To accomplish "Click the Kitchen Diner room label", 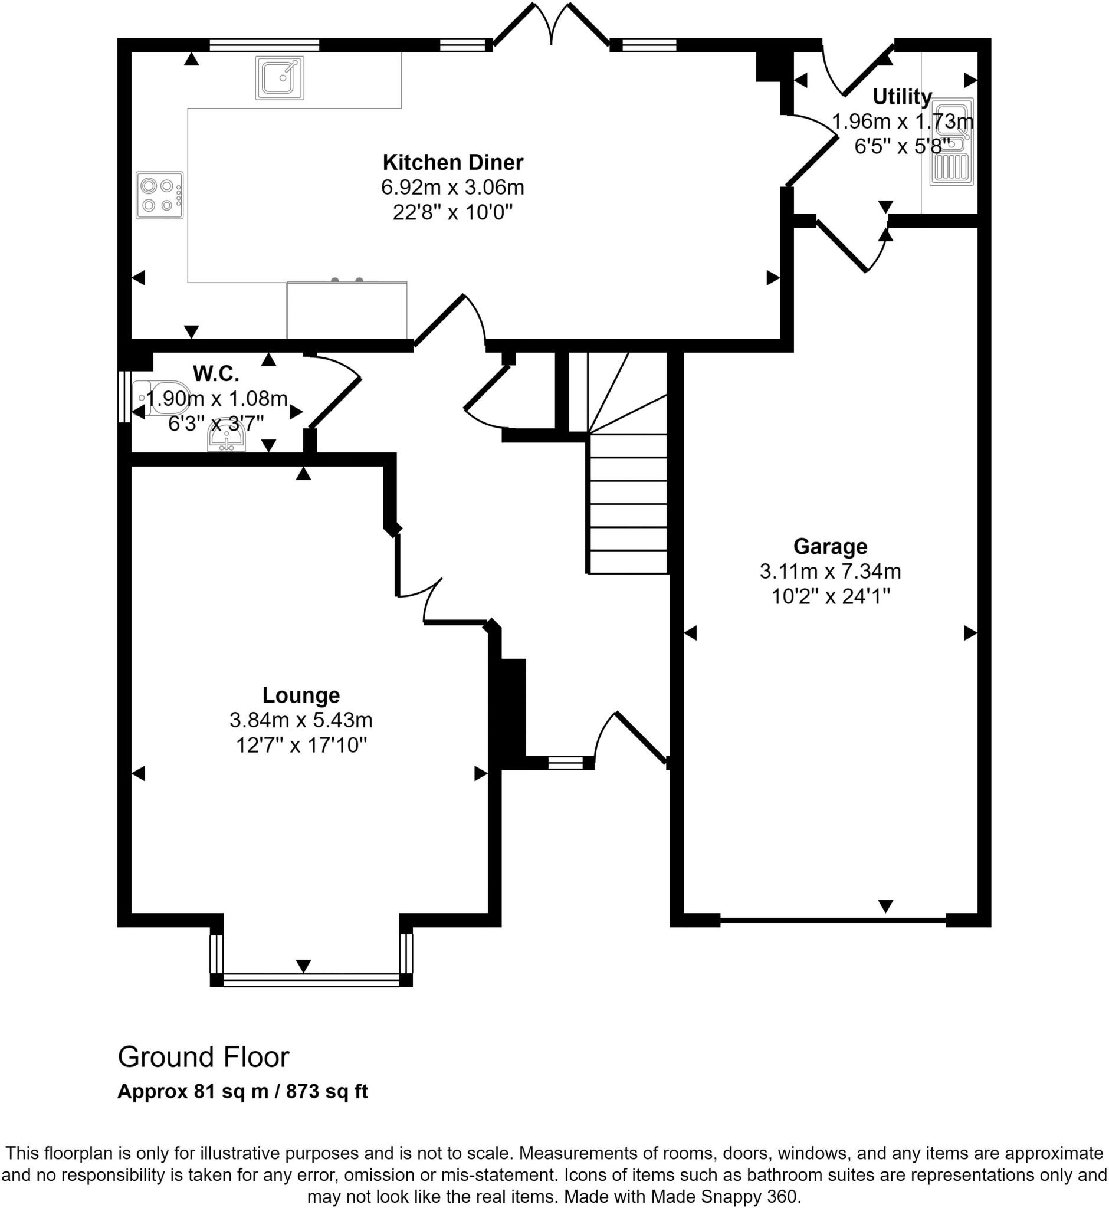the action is click(453, 163).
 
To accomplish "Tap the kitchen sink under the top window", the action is click(280, 77).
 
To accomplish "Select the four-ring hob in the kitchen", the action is click(160, 195).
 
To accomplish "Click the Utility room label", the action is click(902, 97).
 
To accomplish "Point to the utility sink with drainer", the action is click(951, 141).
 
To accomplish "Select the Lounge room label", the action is click(301, 695).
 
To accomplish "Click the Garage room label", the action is click(831, 546).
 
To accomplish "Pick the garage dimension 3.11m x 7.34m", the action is click(831, 572).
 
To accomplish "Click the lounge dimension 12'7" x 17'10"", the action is click(301, 746).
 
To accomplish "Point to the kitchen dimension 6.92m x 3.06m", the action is click(453, 187).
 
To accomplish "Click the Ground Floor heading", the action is click(204, 1057).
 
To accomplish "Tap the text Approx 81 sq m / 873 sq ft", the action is click(242, 1091).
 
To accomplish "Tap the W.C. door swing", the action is click(335, 390).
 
